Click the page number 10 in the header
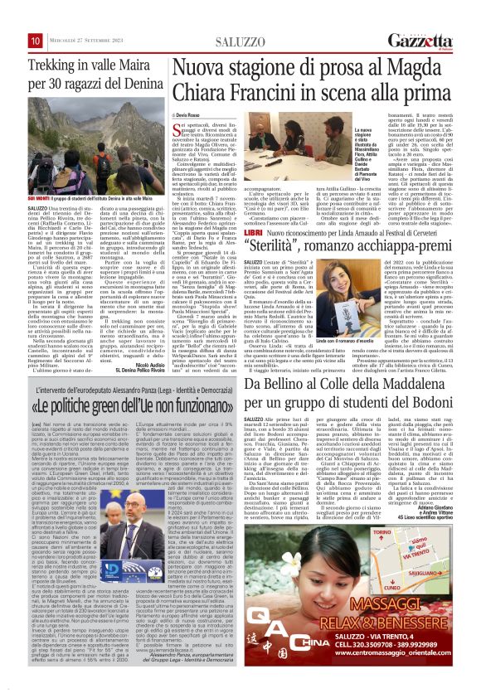point(36,41)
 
